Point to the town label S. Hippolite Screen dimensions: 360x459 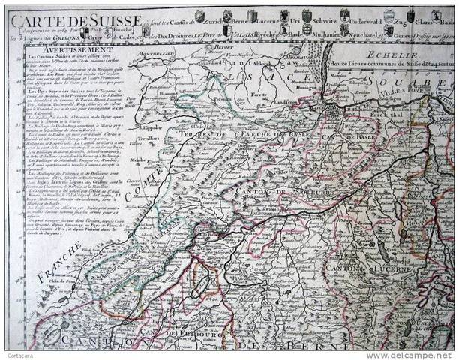[154, 127]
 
